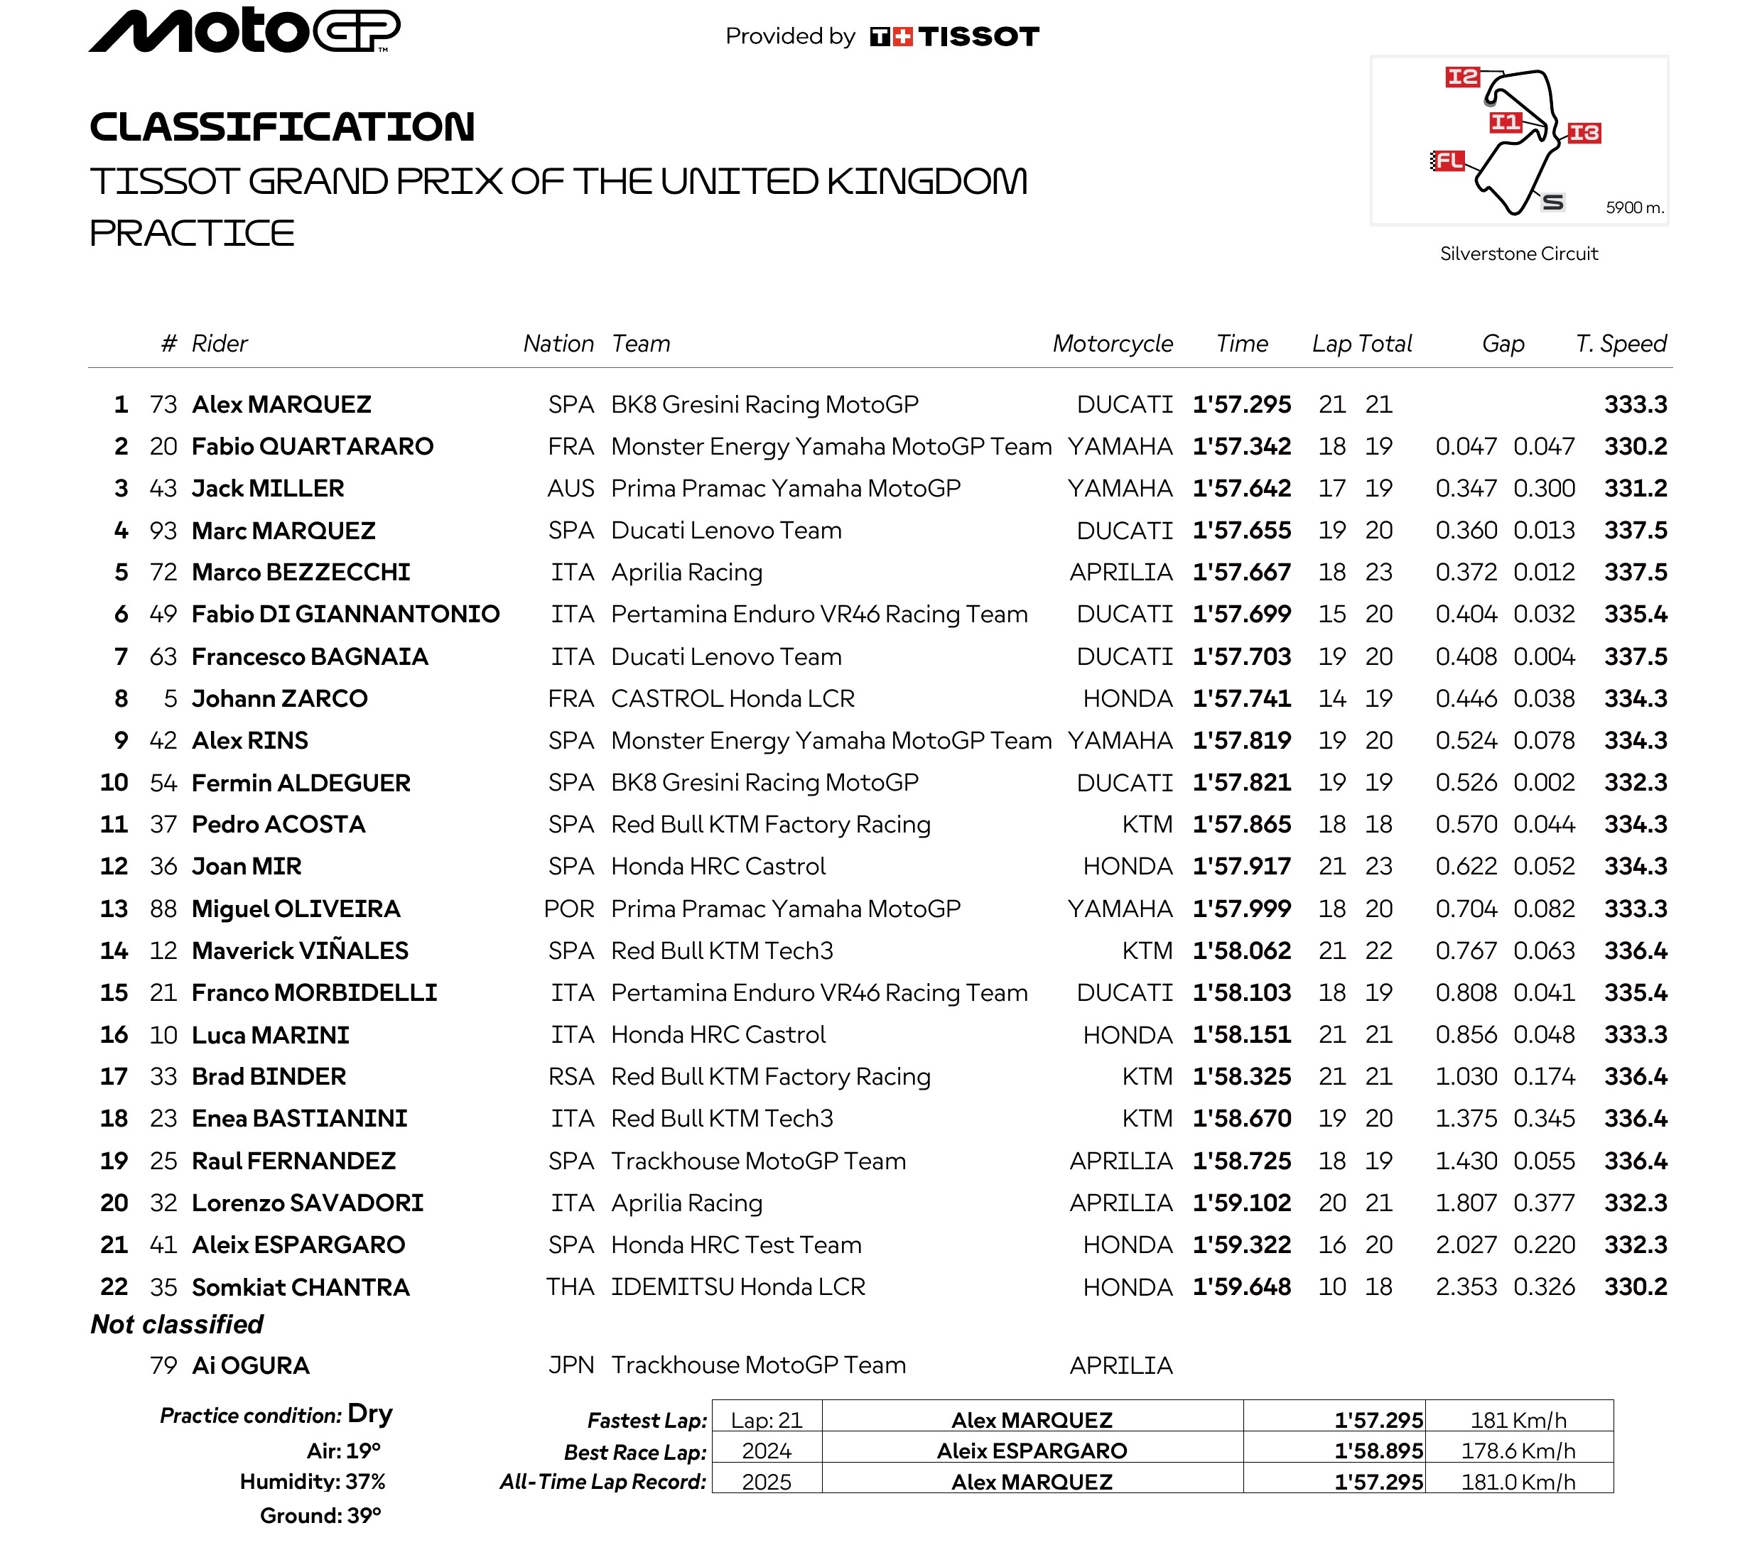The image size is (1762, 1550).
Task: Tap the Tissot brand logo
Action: (x=954, y=36)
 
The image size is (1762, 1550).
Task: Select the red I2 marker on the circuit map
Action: (x=1462, y=77)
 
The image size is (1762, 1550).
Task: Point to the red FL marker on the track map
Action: (x=1448, y=161)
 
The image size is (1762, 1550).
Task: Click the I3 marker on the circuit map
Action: (x=1584, y=133)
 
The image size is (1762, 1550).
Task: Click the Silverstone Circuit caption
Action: (x=1518, y=254)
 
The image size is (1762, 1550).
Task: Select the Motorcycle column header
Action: (x=1112, y=343)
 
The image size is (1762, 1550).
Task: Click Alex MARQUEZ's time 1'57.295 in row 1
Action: (x=1241, y=404)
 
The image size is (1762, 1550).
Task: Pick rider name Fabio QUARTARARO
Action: (x=312, y=447)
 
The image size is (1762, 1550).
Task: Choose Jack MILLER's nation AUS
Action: (x=570, y=489)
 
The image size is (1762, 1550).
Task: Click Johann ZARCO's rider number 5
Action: (x=170, y=698)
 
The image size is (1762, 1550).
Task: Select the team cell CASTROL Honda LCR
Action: (x=732, y=698)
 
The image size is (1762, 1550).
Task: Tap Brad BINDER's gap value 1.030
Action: (x=1466, y=1077)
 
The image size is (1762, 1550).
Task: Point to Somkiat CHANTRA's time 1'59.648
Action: (x=1241, y=1287)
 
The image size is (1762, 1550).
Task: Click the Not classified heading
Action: (x=177, y=1324)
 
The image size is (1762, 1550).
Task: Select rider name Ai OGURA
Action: (x=250, y=1365)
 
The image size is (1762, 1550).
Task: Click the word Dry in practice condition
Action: (x=370, y=1414)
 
